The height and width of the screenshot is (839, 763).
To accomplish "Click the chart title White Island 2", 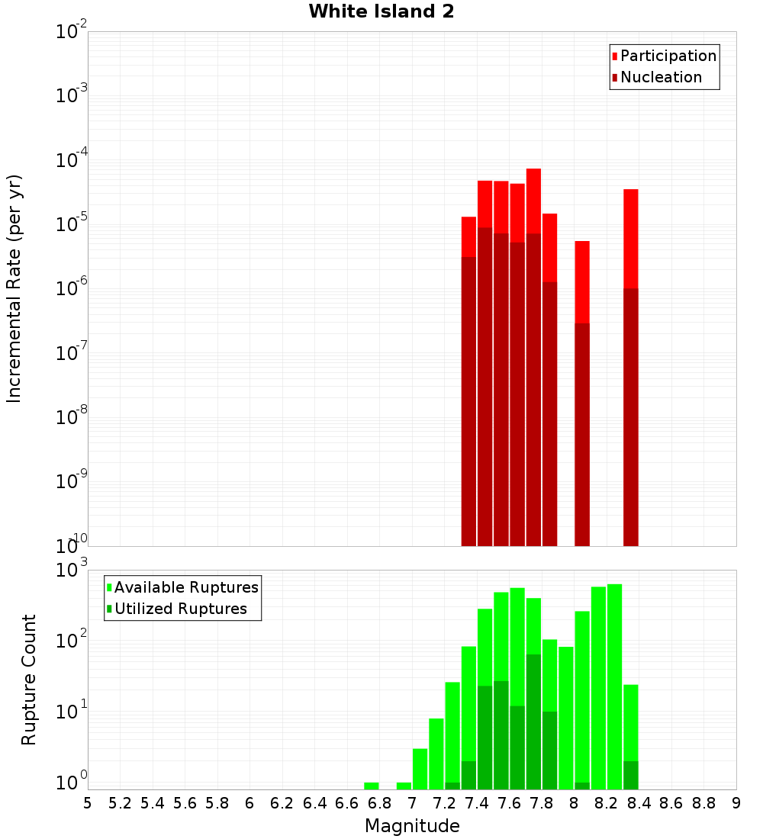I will tap(381, 12).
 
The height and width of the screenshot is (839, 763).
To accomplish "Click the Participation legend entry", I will tap(668, 56).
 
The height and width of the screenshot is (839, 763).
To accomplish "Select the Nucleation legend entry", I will tap(660, 78).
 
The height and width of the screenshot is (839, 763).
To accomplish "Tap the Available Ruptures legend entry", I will tap(185, 588).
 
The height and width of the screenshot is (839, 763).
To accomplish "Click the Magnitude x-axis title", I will tap(412, 826).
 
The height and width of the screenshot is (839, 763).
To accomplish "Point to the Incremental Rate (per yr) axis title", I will tap(14, 288).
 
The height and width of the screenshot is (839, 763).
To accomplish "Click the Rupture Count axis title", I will tap(29, 679).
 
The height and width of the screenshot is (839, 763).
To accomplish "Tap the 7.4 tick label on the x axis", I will tap(477, 803).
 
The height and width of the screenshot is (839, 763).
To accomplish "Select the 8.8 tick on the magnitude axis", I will tap(703, 803).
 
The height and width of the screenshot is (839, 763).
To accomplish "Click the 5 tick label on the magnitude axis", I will tap(88, 803).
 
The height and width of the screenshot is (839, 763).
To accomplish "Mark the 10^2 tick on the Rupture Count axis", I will tap(73, 641).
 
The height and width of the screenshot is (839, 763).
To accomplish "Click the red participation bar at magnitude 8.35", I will tap(631, 236).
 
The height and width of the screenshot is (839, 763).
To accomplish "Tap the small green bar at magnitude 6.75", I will tap(372, 786).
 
